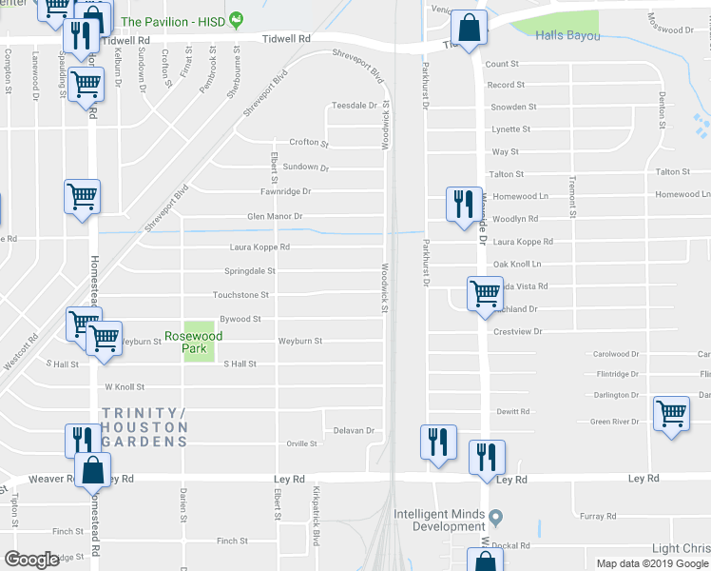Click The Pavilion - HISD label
pos(175,21)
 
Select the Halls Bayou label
pos(567,35)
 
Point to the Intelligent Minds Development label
pos(439,520)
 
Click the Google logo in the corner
pos(31,560)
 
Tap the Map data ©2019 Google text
pos(651,563)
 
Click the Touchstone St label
pos(241,296)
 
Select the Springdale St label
pos(251,271)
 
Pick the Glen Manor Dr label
pos(275,217)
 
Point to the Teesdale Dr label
pos(355,106)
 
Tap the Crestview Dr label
pos(518,331)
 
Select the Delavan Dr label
pos(355,430)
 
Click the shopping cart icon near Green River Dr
pos(671,414)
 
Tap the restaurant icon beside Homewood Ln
pos(464,204)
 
